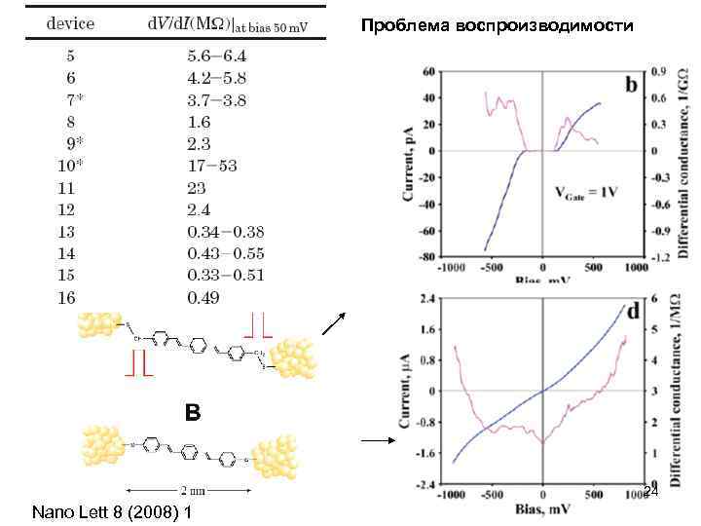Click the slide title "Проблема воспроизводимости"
click(x=497, y=26)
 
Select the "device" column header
click(x=71, y=24)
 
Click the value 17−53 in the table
click(x=211, y=165)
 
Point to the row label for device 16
click(x=65, y=297)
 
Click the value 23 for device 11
click(x=199, y=187)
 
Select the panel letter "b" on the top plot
click(x=631, y=86)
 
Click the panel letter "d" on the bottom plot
click(x=632, y=311)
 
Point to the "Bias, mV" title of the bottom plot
click(x=543, y=509)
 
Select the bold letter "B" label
click(x=193, y=413)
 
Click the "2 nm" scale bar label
click(x=192, y=490)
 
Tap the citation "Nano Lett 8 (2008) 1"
click(x=111, y=510)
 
